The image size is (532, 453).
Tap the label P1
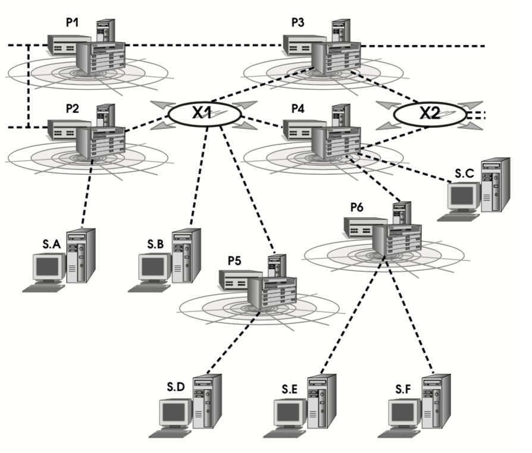pyautogui.click(x=73, y=23)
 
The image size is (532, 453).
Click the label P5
pyautogui.click(x=235, y=260)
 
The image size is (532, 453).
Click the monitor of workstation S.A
pyautogui.click(x=48, y=267)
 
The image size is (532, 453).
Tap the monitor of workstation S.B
pyautogui.click(x=154, y=267)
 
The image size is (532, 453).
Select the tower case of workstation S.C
pyautogui.click(x=496, y=184)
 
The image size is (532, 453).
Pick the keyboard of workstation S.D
pyautogui.click(x=170, y=433)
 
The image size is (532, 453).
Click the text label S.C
pyautogui.click(x=464, y=173)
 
